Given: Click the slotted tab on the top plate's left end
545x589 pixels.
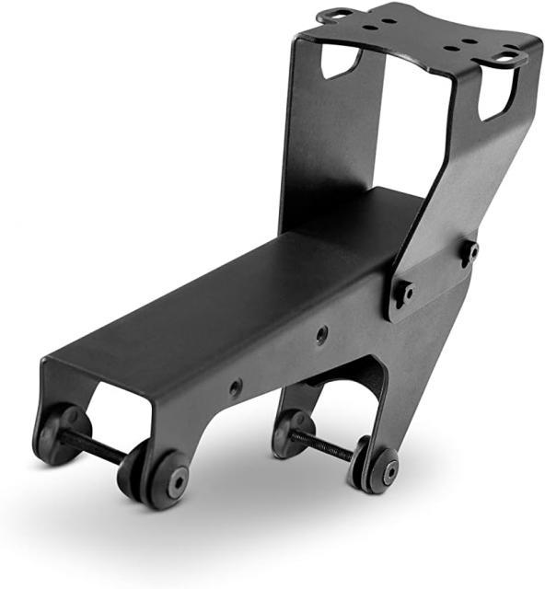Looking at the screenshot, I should point(338,15).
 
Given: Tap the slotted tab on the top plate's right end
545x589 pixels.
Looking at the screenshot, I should point(508,57).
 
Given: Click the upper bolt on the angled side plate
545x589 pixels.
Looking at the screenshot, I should point(470,250).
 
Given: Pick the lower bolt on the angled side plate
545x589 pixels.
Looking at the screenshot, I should point(404,294).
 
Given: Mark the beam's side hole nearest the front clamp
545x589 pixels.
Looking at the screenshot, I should point(236,387).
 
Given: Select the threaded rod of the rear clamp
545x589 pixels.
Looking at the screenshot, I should point(322,445).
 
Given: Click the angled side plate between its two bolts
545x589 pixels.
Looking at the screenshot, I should point(438,272).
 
